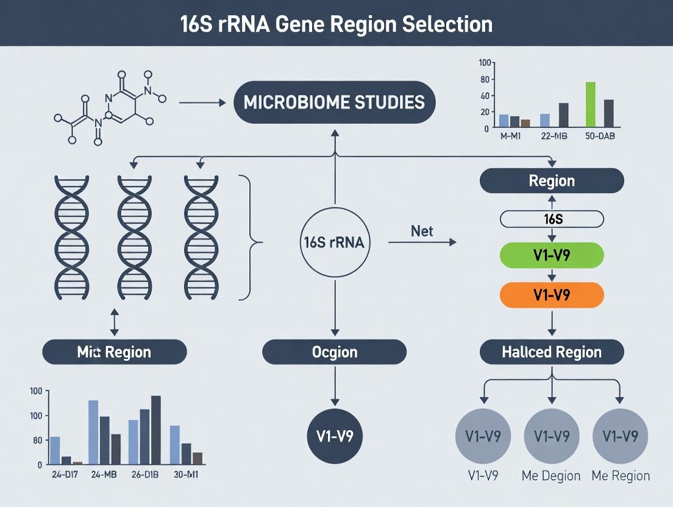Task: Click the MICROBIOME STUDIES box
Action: [335, 102]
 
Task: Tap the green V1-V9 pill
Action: [552, 256]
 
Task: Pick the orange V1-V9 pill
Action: [552, 295]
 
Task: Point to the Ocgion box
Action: [335, 352]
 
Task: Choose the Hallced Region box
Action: [552, 352]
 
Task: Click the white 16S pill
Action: [552, 219]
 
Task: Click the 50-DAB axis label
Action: [599, 136]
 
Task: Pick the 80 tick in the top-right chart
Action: [485, 79]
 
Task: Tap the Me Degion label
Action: [551, 476]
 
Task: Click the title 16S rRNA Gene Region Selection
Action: [336, 23]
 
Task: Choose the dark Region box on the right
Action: [552, 181]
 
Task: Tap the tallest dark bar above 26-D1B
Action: [156, 430]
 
